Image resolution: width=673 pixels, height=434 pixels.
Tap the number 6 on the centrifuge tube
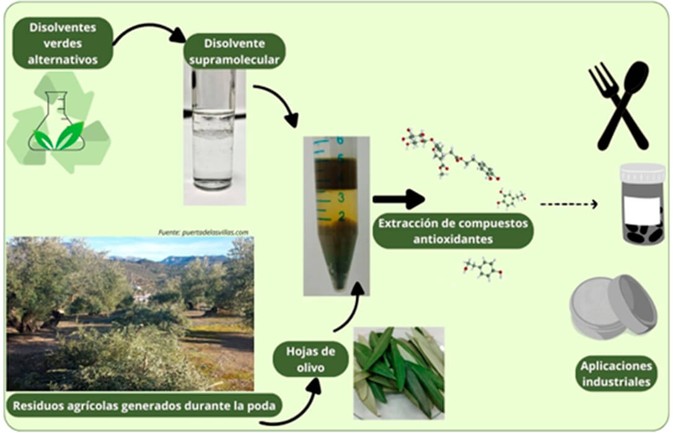[x=339, y=142]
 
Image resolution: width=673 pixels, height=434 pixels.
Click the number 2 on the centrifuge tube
[x=340, y=216]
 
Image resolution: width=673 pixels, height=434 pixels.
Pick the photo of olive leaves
[x=398, y=373]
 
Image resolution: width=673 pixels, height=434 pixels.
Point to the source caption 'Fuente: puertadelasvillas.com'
[x=203, y=232]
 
